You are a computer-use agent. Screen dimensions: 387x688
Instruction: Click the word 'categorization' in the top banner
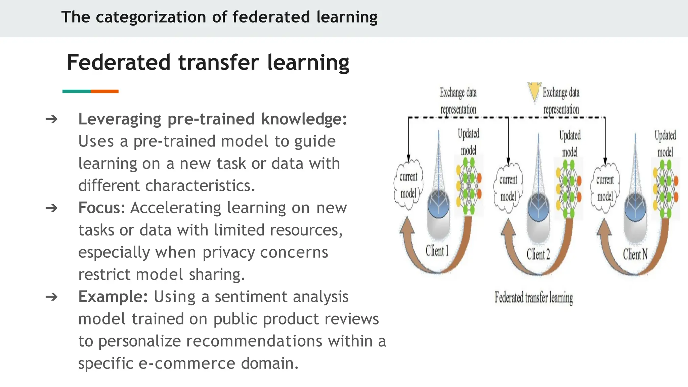(150, 17)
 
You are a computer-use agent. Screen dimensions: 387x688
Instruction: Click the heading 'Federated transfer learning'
(208, 62)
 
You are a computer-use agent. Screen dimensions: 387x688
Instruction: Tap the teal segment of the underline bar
(77, 91)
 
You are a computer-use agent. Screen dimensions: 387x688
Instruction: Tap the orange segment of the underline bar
(104, 91)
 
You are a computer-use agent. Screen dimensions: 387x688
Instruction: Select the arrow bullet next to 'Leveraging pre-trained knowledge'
(51, 119)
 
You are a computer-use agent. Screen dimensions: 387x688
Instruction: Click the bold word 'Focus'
(99, 208)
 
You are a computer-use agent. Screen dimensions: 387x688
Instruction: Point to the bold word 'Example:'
(113, 297)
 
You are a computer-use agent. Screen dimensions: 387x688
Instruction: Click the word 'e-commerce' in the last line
(187, 363)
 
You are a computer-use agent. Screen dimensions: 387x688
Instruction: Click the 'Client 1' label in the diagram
(437, 251)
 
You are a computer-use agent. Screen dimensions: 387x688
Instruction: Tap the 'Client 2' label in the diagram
(538, 254)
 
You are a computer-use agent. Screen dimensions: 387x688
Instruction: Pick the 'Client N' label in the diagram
(635, 254)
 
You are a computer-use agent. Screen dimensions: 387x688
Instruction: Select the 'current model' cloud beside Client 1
(408, 185)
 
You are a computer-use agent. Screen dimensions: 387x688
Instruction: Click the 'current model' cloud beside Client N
(605, 188)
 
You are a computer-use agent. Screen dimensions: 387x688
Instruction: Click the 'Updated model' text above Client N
(665, 143)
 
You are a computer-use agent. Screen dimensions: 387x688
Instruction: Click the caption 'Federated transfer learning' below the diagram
(533, 298)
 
